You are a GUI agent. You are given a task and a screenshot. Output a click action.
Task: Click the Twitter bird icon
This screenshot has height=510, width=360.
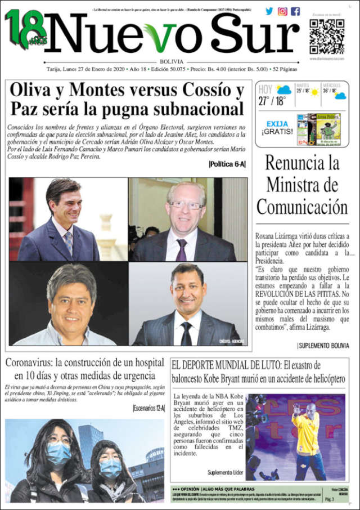coord(269,11)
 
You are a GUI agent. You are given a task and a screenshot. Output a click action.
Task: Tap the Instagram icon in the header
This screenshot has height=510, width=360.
coord(282,11)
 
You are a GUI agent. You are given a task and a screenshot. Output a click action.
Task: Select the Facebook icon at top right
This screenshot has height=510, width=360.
coord(295,11)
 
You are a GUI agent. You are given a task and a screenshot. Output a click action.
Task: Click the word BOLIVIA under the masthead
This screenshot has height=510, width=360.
coord(171,61)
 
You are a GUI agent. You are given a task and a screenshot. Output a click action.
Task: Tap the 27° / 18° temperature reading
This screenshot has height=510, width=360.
coord(272,101)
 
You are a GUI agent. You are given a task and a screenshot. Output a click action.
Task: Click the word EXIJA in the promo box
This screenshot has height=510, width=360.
coord(277,124)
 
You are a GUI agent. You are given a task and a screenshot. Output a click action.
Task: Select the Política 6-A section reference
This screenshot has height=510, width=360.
coord(227,164)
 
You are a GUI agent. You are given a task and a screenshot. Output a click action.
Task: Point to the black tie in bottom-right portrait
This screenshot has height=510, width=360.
coord(186,332)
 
